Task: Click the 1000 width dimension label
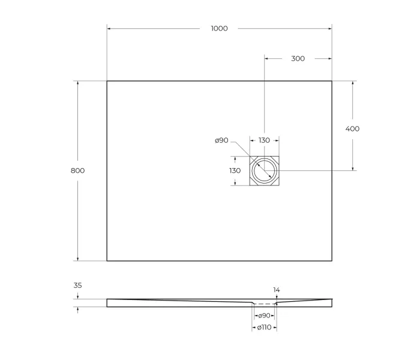pos(219,28)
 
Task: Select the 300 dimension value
pos(298,58)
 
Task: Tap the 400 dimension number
pos(353,128)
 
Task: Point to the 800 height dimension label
pos(77,170)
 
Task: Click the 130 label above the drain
pos(264,140)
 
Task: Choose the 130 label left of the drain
pos(235,170)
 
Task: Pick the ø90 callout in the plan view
pos(221,140)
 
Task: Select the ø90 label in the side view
pos(264,316)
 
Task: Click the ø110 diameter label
pos(264,328)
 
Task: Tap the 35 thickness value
pos(77,286)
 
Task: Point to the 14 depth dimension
pos(277,290)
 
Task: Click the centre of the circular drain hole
pos(264,170)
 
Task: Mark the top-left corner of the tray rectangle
pos(107,81)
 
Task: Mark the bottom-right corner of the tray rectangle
pos(332,261)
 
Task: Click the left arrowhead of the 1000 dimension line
pos(109,28)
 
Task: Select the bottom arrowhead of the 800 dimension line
pos(77,259)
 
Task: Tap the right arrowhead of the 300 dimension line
pos(330,58)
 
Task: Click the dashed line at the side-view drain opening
pos(264,303)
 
